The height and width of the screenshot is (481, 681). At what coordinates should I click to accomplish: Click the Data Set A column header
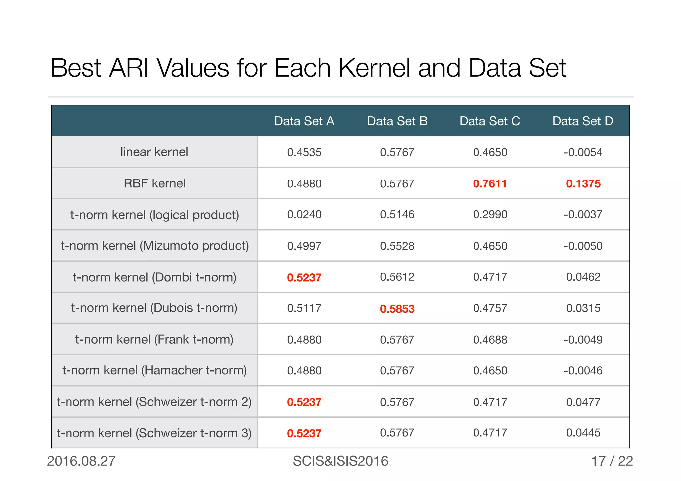304,121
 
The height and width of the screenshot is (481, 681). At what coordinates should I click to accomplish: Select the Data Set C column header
490,121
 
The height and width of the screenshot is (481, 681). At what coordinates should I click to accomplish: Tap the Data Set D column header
583,121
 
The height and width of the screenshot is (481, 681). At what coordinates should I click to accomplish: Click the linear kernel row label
154,152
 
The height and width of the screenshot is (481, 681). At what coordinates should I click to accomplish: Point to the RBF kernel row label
154,183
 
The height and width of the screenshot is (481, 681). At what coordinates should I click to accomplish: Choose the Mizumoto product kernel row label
155,246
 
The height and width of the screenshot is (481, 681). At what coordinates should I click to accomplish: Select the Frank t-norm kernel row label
154,339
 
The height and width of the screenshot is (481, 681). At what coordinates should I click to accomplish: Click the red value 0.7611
490,183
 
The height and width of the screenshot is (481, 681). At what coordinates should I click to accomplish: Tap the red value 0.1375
583,183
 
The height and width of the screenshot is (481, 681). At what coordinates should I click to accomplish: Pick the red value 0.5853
397,309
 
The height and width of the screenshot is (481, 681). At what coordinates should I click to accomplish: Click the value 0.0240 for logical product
304,214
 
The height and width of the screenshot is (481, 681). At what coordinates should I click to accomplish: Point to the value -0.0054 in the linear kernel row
583,152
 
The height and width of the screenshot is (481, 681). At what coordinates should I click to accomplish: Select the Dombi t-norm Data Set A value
304,277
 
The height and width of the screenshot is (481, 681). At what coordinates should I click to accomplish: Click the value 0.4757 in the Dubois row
490,308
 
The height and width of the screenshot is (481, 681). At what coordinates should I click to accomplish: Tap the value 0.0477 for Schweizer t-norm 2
583,402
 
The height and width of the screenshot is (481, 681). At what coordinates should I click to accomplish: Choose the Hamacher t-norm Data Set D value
583,370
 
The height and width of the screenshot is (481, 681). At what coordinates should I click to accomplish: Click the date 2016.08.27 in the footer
81,461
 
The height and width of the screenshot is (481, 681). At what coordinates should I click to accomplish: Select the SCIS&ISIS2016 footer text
340,461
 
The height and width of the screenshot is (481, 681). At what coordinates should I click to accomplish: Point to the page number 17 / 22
612,461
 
